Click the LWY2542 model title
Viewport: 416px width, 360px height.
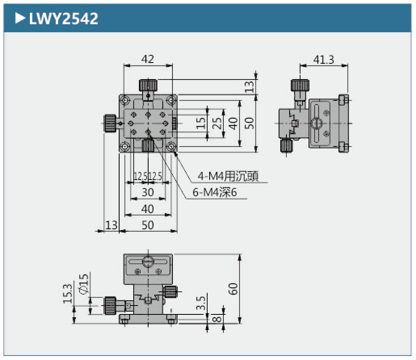[x=63, y=18]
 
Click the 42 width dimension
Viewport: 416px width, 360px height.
[x=148, y=59]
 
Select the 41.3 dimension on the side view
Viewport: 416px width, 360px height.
[x=324, y=60]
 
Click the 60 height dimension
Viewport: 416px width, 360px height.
[x=234, y=289]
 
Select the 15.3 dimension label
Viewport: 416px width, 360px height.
[x=67, y=293]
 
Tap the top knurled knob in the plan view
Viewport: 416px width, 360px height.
[x=148, y=85]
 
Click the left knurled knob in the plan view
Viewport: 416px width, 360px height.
[x=110, y=123]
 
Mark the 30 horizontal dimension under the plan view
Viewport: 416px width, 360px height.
[x=148, y=192]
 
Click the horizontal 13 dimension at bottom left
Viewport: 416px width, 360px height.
[x=111, y=225]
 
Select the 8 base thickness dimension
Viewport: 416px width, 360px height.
[x=217, y=319]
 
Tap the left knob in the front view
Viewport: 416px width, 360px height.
[x=110, y=306]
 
